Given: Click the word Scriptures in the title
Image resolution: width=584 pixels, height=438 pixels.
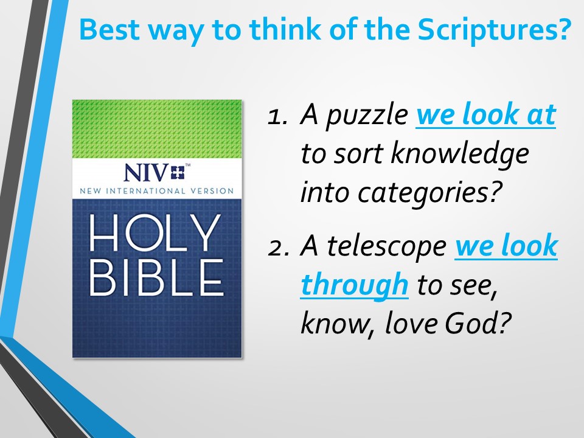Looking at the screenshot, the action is [x=494, y=30].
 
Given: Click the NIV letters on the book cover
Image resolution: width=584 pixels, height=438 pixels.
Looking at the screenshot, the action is [x=145, y=173].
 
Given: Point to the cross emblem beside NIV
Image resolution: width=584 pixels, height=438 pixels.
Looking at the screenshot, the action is [x=178, y=172].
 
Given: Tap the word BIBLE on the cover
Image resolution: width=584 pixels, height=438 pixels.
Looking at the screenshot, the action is [x=156, y=278].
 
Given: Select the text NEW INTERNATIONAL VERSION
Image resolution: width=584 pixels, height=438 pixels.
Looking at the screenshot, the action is [x=157, y=191].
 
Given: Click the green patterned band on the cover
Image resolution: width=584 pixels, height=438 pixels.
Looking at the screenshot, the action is [x=157, y=129].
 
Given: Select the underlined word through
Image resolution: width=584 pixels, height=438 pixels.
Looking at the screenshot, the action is [x=355, y=285].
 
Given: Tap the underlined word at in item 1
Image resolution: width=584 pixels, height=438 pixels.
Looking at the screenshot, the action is [x=541, y=115].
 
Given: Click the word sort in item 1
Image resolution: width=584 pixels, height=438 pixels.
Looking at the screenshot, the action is [x=358, y=154].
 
